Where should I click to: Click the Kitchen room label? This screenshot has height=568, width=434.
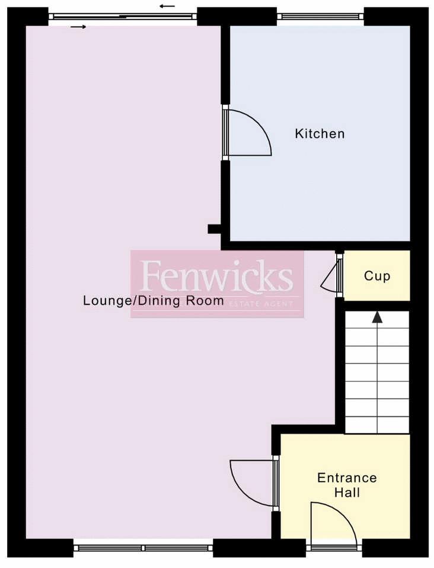[320, 134]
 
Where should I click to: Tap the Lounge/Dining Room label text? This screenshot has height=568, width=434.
[154, 300]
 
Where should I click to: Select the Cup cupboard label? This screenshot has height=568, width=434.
[377, 276]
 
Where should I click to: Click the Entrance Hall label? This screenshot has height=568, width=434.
[347, 485]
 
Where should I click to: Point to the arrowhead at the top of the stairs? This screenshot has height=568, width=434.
[378, 317]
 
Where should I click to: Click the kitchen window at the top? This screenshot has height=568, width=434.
[321, 16]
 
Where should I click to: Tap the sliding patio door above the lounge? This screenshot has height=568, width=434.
[123, 16]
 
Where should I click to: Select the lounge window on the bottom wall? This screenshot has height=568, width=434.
[143, 548]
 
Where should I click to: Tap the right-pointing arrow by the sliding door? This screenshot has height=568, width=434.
[79, 27]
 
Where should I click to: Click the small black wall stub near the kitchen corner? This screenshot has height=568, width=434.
[214, 229]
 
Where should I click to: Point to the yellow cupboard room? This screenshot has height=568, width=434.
[376, 275]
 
